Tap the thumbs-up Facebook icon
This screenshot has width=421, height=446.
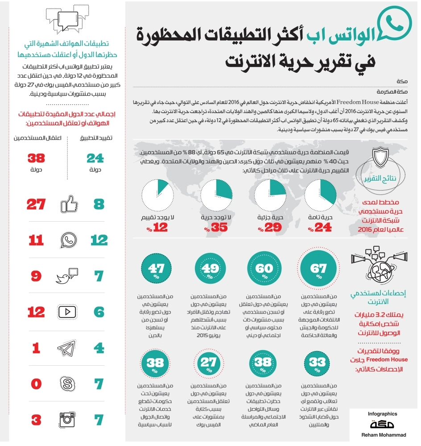pyautogui.click(x=69, y=205)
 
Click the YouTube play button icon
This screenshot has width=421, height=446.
pyautogui.click(x=68, y=312)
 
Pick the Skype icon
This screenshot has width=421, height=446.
pyautogui.click(x=68, y=383)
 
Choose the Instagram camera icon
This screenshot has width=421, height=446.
pyautogui.click(x=68, y=419)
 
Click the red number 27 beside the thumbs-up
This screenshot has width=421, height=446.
pyautogui.click(x=36, y=205)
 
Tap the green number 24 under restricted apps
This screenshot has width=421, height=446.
pyautogui.click(x=95, y=158)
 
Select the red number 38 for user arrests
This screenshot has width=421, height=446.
pyautogui.click(x=37, y=158)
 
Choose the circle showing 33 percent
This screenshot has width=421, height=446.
pyautogui.click(x=319, y=362)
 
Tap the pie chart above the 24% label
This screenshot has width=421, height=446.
pyautogui.click(x=320, y=195)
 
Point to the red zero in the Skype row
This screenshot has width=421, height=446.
pyautogui.click(x=36, y=383)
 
